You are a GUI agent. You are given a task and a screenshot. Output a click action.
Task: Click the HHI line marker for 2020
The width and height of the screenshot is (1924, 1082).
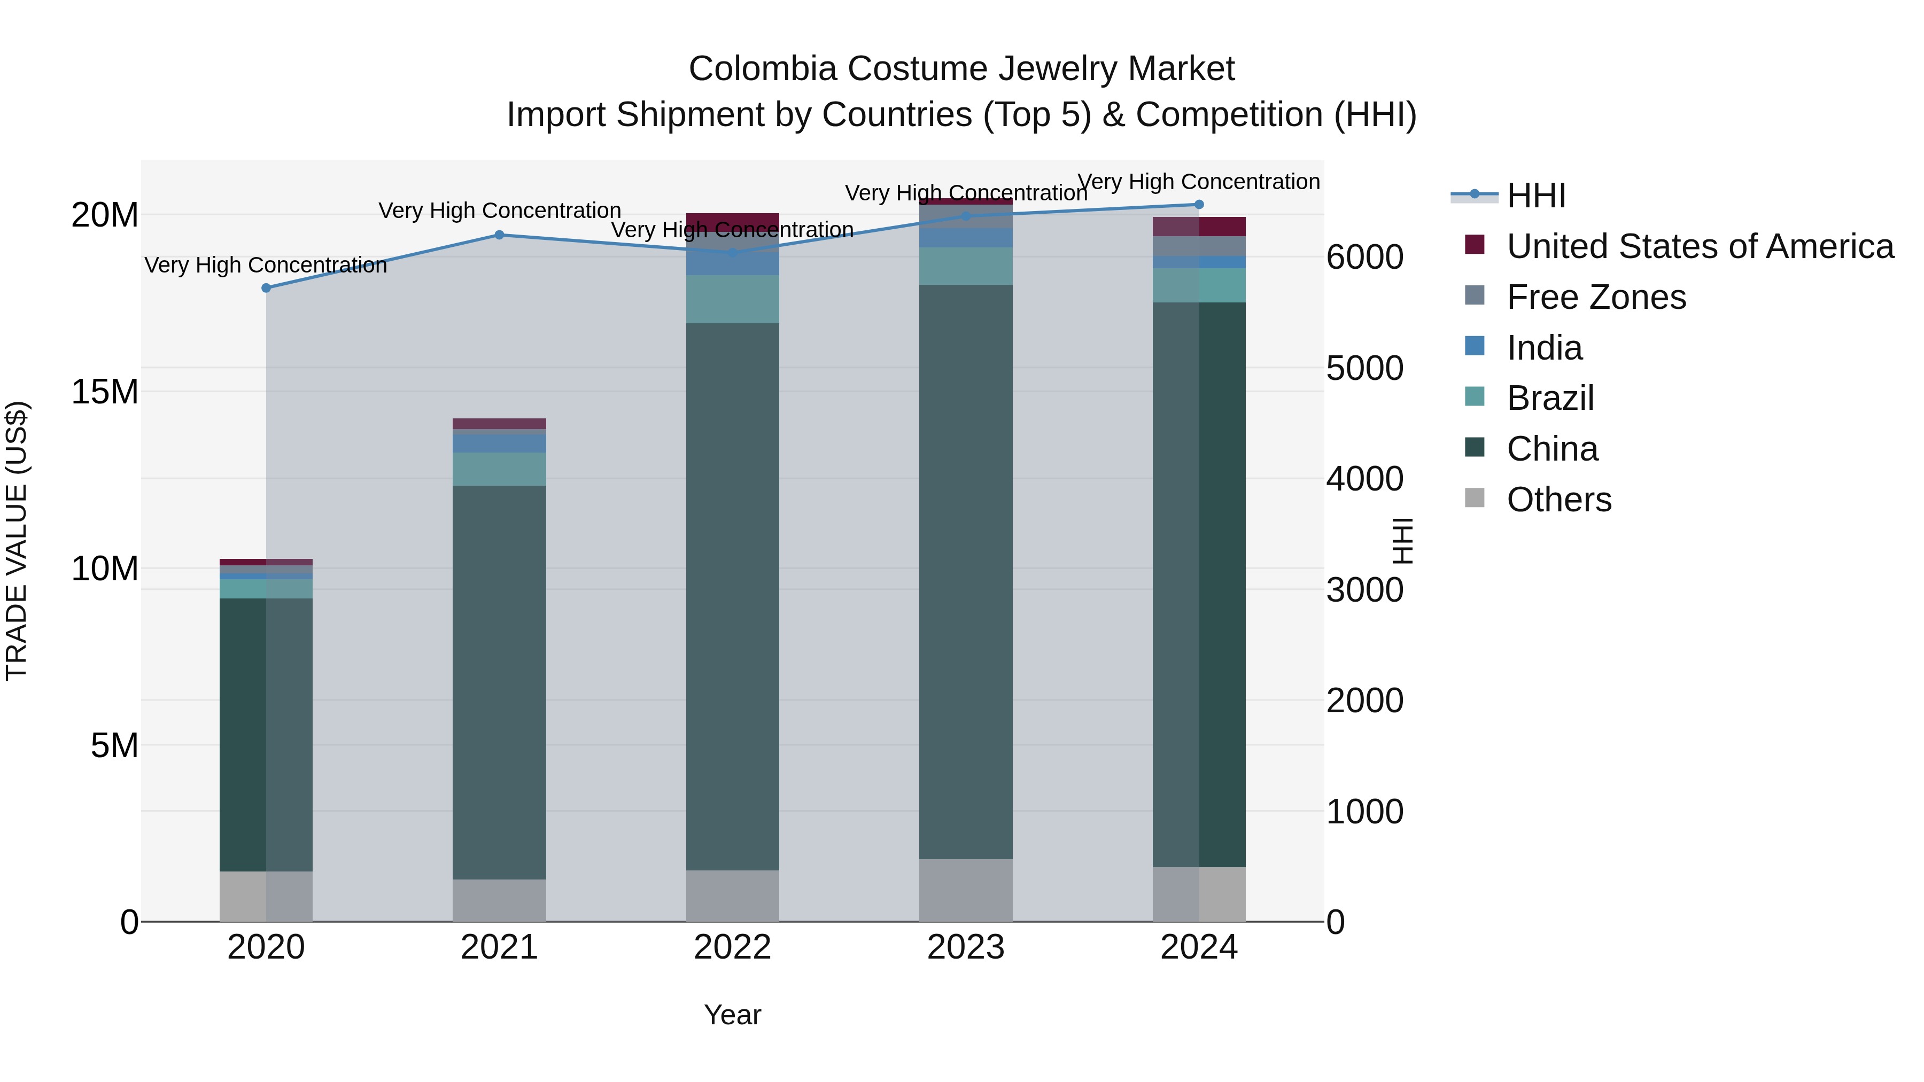pos(266,287)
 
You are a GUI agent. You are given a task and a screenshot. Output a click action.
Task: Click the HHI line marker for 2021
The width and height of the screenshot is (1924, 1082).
pos(500,235)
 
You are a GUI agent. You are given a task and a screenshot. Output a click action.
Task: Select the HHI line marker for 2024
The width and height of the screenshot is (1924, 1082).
pos(1199,205)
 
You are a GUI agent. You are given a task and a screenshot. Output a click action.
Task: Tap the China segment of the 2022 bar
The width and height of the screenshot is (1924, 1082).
pos(732,597)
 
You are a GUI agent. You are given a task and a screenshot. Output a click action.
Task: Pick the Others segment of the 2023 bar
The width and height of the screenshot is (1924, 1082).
pos(966,890)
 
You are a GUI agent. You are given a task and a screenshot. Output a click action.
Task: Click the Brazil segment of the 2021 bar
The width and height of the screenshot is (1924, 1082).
pos(500,469)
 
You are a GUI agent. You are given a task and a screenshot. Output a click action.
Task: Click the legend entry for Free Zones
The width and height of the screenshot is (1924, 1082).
pos(1596,297)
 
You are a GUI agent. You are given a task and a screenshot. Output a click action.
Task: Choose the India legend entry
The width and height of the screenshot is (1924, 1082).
pos(1544,348)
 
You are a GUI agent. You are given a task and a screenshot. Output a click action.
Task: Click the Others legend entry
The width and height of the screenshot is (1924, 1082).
pos(1559,500)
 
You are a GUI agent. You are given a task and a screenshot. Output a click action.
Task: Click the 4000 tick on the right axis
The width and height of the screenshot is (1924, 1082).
pos(1364,479)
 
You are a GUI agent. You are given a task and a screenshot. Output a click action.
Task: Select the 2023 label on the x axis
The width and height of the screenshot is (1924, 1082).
pos(966,947)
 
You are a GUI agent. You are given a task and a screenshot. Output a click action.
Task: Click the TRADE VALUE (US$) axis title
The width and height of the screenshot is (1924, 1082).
pos(17,541)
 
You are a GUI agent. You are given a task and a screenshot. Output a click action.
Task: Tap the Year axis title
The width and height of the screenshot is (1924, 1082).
pos(732,1015)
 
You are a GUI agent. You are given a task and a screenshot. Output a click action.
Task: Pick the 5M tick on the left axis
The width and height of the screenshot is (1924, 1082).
pos(114,745)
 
